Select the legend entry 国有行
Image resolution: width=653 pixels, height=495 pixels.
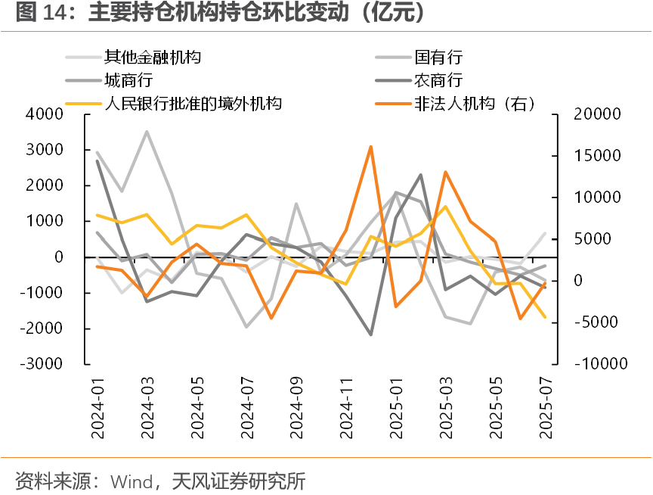(438, 57)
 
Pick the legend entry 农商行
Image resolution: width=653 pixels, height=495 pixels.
(438, 80)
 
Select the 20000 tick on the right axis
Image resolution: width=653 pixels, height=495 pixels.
(598, 114)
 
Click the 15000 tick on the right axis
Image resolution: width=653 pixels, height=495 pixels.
(598, 156)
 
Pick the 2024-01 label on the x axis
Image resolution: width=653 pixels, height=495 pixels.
(97, 409)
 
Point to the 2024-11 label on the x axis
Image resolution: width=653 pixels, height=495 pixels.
(346, 409)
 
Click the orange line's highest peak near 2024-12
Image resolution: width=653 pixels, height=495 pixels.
(370, 147)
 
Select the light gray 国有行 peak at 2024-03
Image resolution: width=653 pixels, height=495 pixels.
(147, 132)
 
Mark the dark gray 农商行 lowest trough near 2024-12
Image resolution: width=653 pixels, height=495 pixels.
(370, 334)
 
